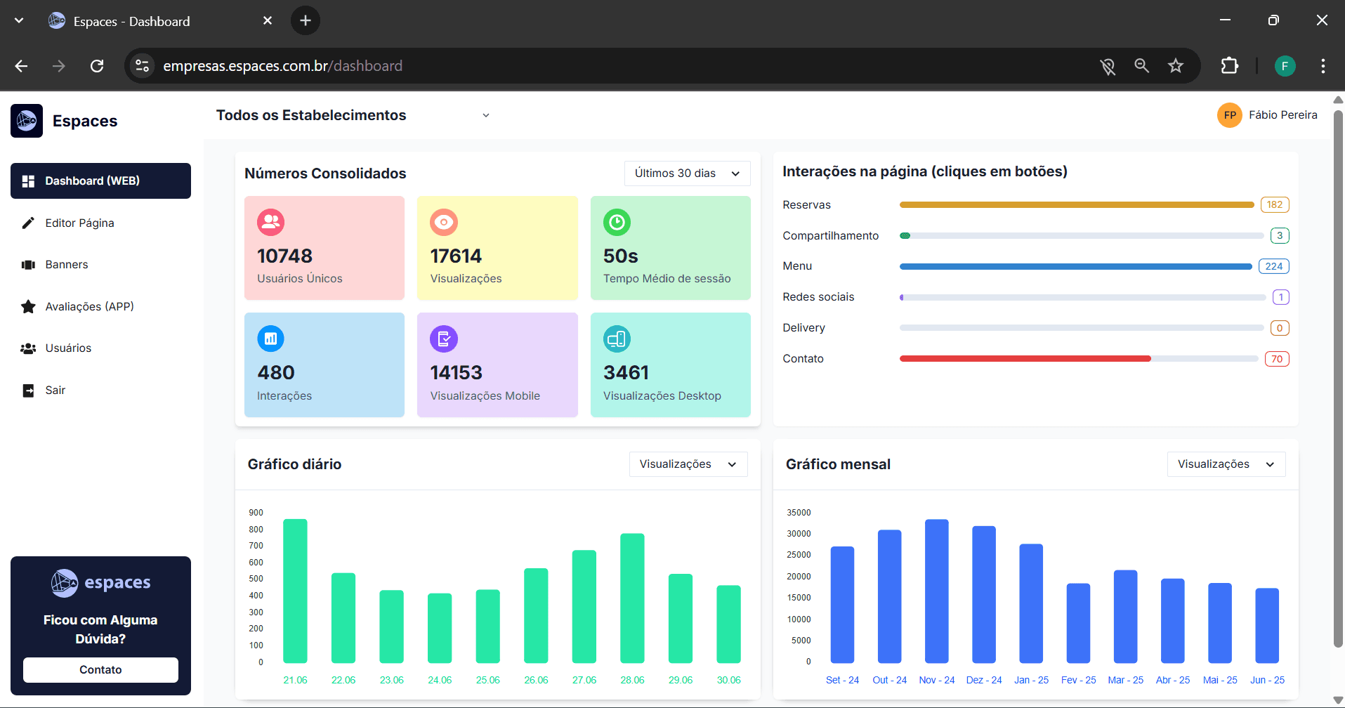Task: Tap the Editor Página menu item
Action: pos(79,223)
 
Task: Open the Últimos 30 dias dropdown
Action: pos(687,173)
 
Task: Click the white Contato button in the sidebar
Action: pos(100,669)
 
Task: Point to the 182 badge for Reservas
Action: pos(1274,205)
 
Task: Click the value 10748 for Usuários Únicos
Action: pos(284,256)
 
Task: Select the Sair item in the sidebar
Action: pos(55,391)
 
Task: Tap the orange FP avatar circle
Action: pos(1229,115)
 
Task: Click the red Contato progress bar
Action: pos(1025,359)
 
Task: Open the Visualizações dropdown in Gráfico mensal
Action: pos(1226,464)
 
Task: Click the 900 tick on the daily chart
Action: pos(256,513)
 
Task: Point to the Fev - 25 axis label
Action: pos(1078,680)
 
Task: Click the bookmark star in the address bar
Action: pos(1175,66)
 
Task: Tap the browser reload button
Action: pos(97,66)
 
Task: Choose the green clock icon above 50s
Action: pos(617,223)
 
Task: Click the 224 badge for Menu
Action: pos(1273,266)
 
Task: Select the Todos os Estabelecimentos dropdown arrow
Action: pos(485,115)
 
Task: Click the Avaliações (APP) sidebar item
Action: pos(89,306)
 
